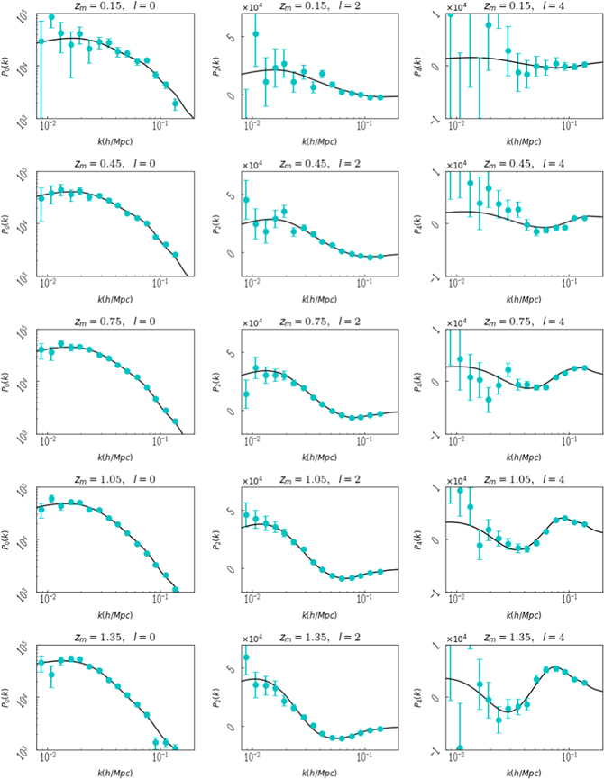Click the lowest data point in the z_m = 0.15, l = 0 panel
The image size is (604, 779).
pyautogui.click(x=176, y=104)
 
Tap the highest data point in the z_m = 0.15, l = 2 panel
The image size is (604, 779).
pyautogui.click(x=255, y=34)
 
